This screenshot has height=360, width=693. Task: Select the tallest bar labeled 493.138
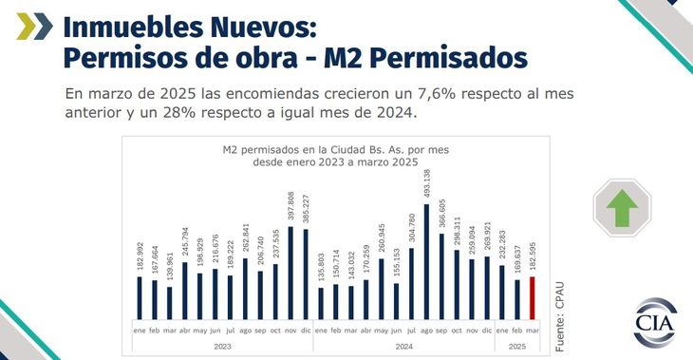[x=426, y=261]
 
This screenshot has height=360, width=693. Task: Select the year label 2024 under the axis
[x=403, y=348]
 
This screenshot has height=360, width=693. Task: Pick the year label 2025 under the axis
[x=517, y=348]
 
